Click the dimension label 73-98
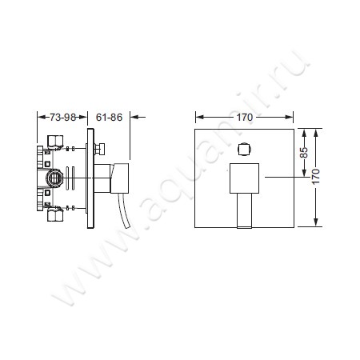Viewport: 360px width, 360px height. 62,118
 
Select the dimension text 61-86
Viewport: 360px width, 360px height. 109,118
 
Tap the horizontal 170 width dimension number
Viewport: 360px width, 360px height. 245,117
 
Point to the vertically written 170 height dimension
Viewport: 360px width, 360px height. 316,176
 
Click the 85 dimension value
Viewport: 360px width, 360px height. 304,153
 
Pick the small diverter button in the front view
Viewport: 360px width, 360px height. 245,149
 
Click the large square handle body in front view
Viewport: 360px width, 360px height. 244,178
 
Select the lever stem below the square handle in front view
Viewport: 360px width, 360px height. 245,210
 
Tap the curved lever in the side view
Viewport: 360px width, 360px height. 125,211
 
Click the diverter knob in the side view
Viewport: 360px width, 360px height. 100,149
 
